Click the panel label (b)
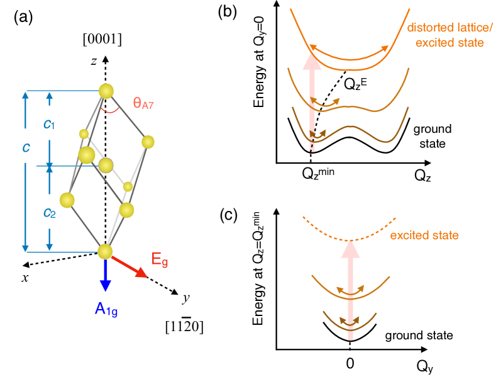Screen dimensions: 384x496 click(228, 12)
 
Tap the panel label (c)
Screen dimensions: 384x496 click(228, 214)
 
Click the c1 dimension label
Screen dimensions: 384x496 click(49, 125)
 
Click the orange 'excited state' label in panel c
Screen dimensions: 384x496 click(424, 235)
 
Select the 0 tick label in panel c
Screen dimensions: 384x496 click(350, 364)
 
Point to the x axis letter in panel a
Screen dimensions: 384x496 click(26, 278)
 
